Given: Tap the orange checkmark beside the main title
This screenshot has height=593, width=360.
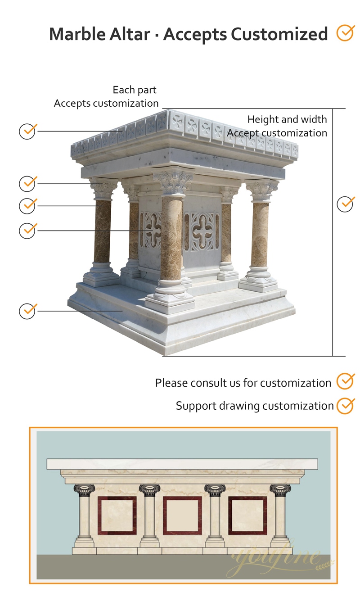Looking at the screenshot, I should point(346,33).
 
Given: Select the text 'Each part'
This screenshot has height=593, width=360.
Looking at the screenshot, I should point(135,90).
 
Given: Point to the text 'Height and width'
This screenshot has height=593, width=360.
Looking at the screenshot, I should point(287,119).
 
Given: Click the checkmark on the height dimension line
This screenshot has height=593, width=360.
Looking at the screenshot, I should point(345,204).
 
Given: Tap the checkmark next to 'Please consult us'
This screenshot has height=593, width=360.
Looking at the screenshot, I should point(346,381).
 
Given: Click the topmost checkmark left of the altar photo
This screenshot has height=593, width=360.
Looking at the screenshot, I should point(27,131).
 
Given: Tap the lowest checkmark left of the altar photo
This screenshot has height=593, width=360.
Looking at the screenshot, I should point(27,311).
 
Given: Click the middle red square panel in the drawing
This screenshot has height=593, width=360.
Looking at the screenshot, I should point(182,516).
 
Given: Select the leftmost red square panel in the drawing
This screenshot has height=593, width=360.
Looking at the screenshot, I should point(117,516).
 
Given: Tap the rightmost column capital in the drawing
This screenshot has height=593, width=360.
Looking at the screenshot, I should point(280,490).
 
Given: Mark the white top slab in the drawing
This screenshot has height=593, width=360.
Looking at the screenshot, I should point(182,464).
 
